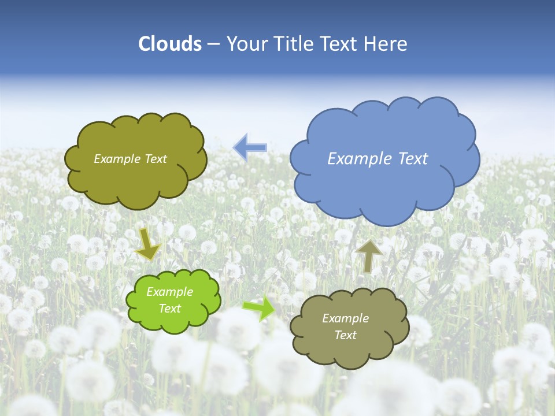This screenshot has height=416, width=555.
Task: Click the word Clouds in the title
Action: pyautogui.click(x=170, y=44)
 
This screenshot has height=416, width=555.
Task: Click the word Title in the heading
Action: pyautogui.click(x=293, y=44)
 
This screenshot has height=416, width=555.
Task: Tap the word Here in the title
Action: pyautogui.click(x=385, y=44)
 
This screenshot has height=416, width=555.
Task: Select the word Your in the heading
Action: pyautogui.click(x=246, y=44)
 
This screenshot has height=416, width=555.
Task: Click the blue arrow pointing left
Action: pyautogui.click(x=250, y=147)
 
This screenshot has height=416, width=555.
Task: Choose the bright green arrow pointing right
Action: pyautogui.click(x=258, y=308)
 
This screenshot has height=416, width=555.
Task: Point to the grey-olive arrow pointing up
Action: pyautogui.click(x=369, y=255)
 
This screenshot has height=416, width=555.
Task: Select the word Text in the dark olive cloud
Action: pyautogui.click(x=156, y=159)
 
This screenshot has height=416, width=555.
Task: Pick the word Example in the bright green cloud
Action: pyautogui.click(x=169, y=292)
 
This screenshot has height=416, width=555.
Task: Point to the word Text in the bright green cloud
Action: pyautogui.click(x=169, y=309)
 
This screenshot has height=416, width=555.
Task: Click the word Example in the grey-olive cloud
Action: pyautogui.click(x=345, y=318)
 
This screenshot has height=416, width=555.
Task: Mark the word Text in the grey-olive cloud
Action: pyautogui.click(x=345, y=335)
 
